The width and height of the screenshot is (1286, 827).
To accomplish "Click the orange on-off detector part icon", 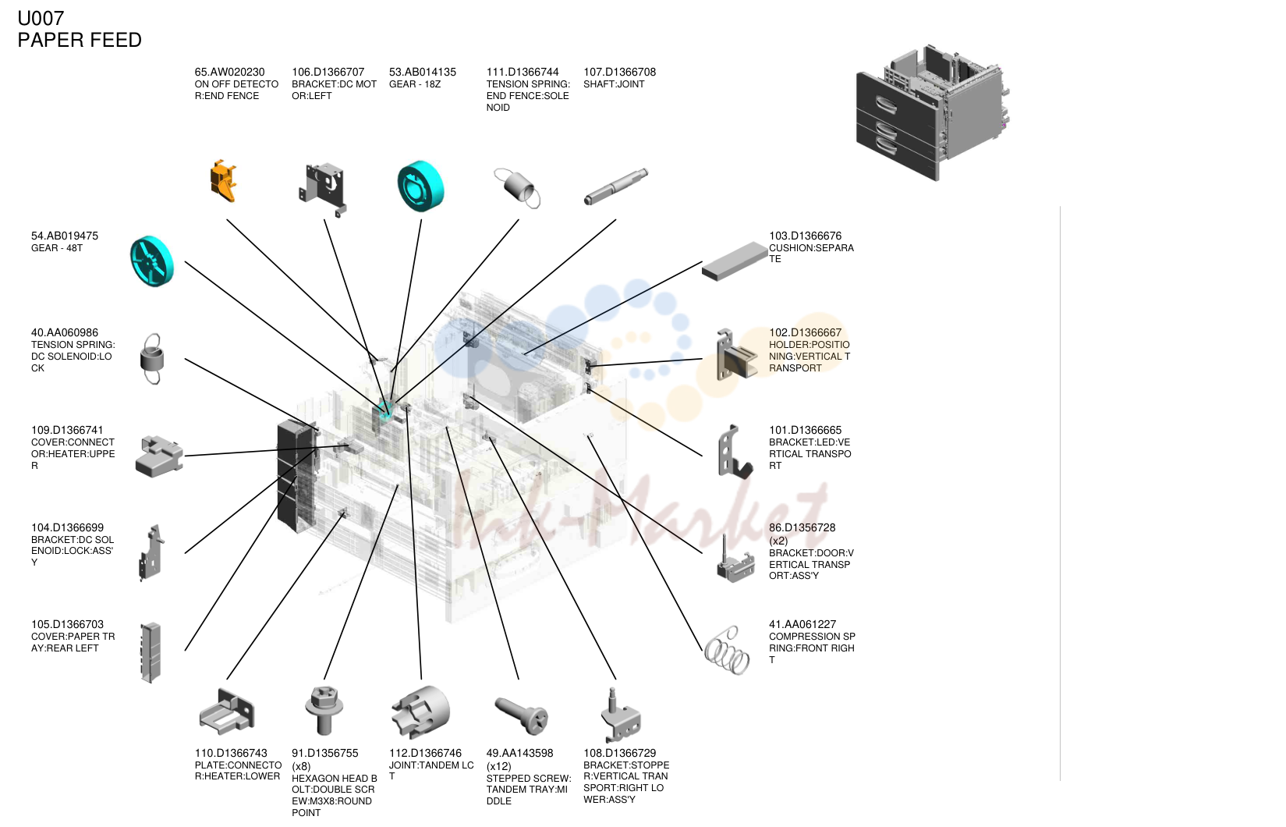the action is point(223,181).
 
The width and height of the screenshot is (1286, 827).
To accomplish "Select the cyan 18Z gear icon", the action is point(421,186).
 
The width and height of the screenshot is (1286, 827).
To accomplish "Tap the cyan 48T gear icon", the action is point(151,261).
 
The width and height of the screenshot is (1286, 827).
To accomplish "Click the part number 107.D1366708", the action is point(619,73).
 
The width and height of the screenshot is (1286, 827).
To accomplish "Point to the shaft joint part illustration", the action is point(616,186).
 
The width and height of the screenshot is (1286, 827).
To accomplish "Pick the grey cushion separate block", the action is point(735,261).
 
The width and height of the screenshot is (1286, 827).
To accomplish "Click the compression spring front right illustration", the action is point(726,651).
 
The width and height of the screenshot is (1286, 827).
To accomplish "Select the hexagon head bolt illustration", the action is point(324,711).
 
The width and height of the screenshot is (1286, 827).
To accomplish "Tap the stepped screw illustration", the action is point(521,715).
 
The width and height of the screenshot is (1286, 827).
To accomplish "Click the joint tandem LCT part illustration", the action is point(421,712).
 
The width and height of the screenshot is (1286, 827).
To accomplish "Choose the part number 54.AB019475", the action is point(64,236).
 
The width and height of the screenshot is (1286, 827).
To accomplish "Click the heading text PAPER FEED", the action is point(80,41).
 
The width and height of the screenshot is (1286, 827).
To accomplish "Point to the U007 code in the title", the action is point(41,19).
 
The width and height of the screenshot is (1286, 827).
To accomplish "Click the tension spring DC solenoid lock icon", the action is point(152,358).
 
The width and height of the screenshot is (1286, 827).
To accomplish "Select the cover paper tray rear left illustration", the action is point(151,653).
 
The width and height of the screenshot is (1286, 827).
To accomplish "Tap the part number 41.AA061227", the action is point(802,624).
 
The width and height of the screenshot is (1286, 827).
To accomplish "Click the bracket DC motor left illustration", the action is point(323,188).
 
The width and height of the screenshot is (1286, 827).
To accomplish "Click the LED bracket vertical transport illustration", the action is point(735,453).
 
